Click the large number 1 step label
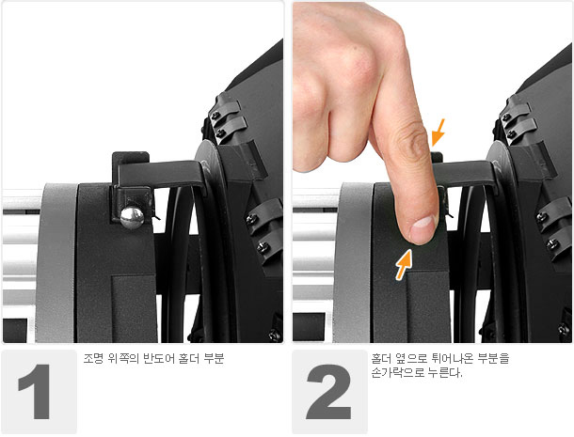pos(35,391)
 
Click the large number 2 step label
pos(329,391)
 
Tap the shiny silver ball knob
pos(132,218)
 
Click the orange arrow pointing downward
pos(438,133)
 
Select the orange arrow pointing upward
pos(404,264)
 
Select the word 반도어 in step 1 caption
pos(158,358)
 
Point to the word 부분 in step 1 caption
pos(214,358)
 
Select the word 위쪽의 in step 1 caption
pos(123,358)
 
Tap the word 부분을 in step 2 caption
pos(493,358)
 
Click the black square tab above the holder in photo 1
pos(130,158)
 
